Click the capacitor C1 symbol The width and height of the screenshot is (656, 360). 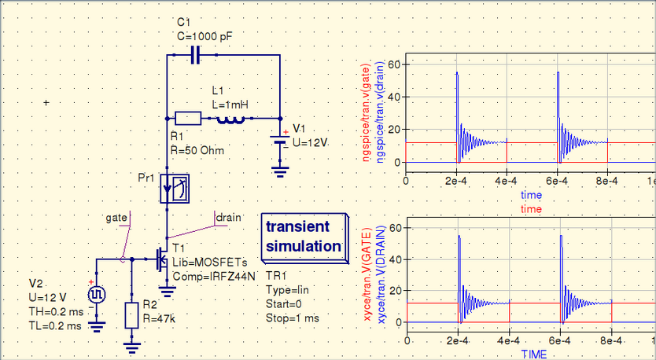pos(196,55)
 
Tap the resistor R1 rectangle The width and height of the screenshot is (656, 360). pos(188,119)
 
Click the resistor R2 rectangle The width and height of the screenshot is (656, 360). pos(132,315)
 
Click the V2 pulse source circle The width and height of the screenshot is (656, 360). pos(97,295)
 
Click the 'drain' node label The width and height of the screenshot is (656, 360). pos(228,217)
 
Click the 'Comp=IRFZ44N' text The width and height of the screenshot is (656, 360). pos(214,277)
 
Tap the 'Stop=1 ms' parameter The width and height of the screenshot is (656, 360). pos(293,318)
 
